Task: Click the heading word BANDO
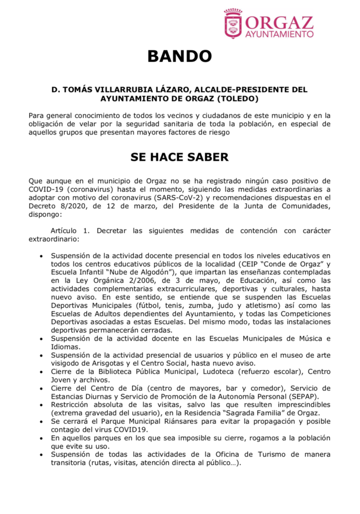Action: coord(179,56)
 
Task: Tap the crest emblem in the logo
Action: coord(233,24)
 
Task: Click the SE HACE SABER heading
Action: coord(179,157)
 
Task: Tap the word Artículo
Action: coord(64,231)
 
